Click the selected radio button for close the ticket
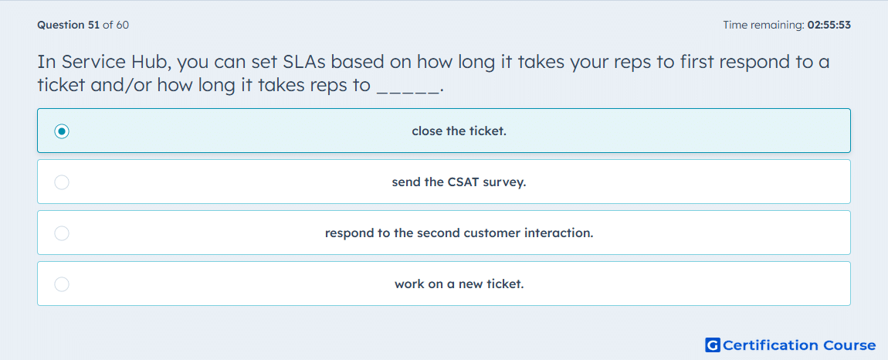[x=62, y=131]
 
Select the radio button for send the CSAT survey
[x=62, y=182]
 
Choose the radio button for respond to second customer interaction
[x=62, y=233]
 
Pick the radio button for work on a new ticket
[x=62, y=284]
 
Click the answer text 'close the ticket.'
[x=459, y=131]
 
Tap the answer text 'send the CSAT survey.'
[x=459, y=182]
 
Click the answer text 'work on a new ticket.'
[x=459, y=284]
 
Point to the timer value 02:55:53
[x=829, y=25]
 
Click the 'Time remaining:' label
[x=764, y=25]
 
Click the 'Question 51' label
[x=69, y=25]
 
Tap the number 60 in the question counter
[x=122, y=25]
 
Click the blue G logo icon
[x=713, y=345]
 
